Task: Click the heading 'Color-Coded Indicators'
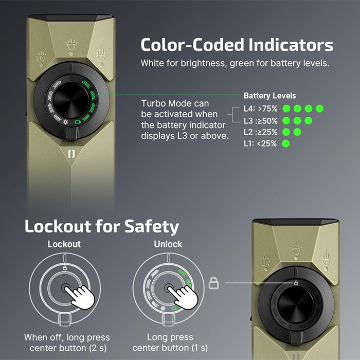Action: tap(237, 45)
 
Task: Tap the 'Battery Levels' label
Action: tap(270, 96)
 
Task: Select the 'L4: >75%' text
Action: tap(261, 109)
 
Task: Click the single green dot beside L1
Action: tap(286, 143)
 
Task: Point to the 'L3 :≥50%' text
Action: tap(261, 121)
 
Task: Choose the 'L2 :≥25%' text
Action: tap(261, 132)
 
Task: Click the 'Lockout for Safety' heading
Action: tap(102, 226)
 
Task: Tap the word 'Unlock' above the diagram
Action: tap(168, 244)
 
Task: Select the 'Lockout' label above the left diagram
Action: tap(64, 244)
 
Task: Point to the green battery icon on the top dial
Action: tap(78, 122)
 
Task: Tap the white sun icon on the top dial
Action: tap(66, 122)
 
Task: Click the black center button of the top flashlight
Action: tap(71, 100)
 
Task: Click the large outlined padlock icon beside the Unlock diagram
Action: tap(214, 283)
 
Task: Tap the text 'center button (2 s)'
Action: tap(68, 348)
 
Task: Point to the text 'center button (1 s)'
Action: tap(170, 348)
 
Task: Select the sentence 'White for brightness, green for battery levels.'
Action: tap(235, 63)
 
